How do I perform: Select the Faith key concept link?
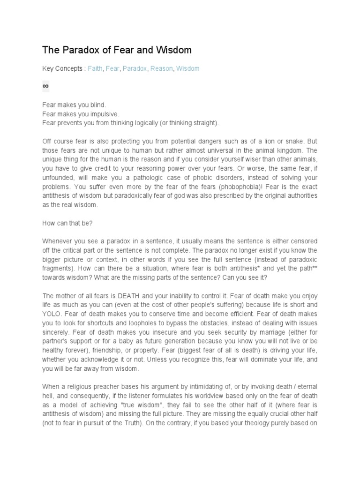point(95,68)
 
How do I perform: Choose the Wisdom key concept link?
point(187,68)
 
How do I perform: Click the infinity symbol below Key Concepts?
point(45,86)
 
